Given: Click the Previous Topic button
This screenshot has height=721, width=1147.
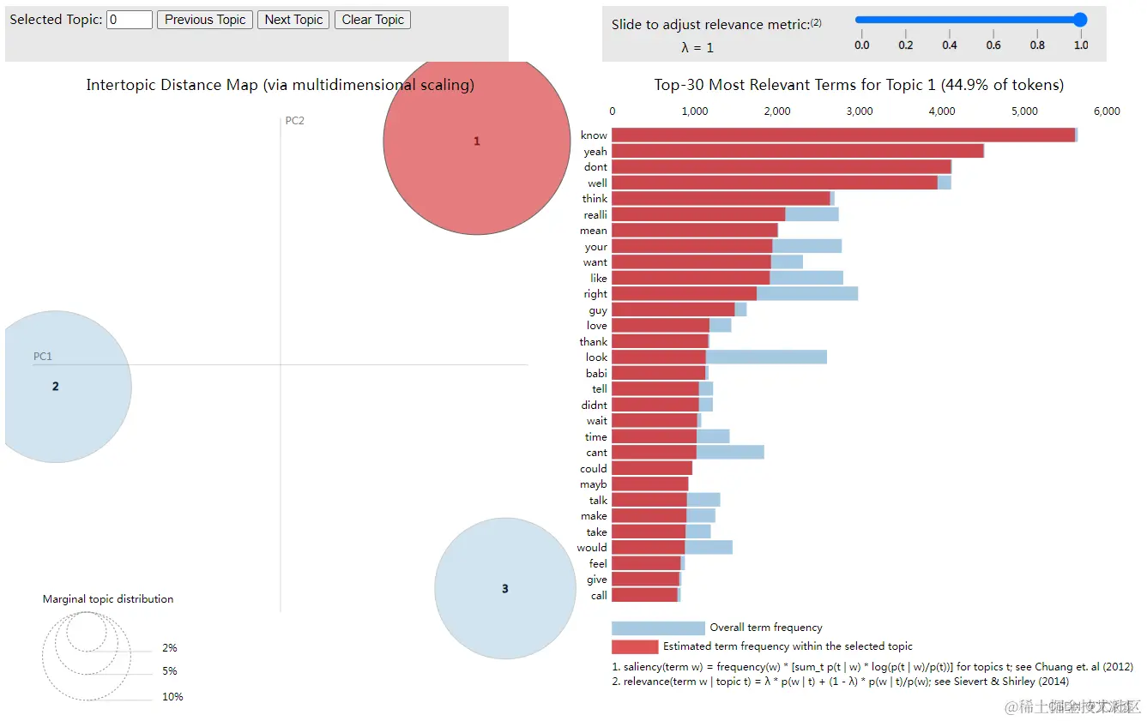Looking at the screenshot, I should click(x=205, y=20).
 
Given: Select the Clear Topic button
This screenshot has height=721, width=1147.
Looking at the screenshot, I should click(x=373, y=20).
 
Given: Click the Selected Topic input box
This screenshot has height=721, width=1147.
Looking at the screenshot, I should click(x=130, y=20).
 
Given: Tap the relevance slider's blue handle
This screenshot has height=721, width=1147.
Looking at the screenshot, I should click(x=1080, y=20).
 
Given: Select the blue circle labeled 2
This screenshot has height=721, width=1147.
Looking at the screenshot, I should click(x=56, y=387).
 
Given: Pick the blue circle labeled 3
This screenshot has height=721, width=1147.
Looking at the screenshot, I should click(x=504, y=588).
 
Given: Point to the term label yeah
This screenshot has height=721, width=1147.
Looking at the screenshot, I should click(x=595, y=152).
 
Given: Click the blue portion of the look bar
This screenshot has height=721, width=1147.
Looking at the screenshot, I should click(x=766, y=357).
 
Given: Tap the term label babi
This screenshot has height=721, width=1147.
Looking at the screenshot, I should click(x=596, y=373).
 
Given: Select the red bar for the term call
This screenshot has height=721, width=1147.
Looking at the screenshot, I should click(x=644, y=595).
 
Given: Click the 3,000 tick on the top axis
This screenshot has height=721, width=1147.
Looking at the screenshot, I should click(x=859, y=111).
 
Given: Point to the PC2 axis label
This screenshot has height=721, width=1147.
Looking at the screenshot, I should click(x=294, y=121).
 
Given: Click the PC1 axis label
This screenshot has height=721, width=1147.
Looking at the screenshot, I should click(x=43, y=356).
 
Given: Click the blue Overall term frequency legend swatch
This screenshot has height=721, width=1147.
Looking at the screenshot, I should click(x=658, y=628).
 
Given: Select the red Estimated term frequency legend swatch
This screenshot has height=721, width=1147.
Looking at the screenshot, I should click(x=635, y=646).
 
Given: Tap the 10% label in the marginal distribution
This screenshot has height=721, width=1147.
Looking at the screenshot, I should click(x=172, y=697).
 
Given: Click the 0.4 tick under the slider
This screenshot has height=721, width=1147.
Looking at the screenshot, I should click(x=950, y=45).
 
